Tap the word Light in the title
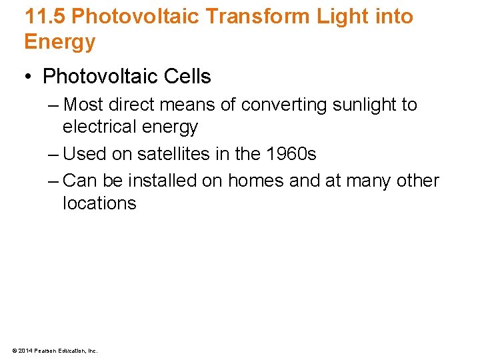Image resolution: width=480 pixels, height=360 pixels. (x=335, y=16)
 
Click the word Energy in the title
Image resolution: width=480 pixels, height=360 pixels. (x=60, y=42)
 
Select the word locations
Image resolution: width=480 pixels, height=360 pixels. (x=99, y=203)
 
